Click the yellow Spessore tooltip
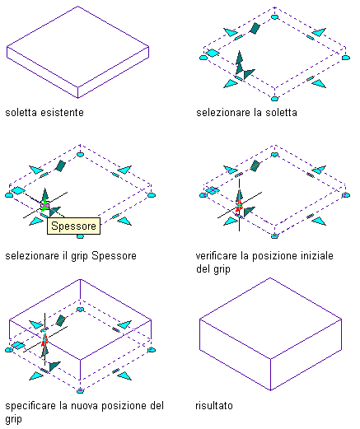[73, 226]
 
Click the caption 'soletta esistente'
[44, 113]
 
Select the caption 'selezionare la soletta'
[246, 113]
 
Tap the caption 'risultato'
[214, 405]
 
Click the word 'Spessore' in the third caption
[114, 256]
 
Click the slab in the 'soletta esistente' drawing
[77, 52]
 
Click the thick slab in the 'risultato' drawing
[270, 334]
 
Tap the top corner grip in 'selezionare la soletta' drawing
[274, 17]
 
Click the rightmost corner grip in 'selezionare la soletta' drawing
[346, 58]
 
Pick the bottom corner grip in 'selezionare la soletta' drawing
[274, 99]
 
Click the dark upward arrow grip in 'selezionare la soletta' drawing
[240, 62]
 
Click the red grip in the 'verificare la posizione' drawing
[239, 205]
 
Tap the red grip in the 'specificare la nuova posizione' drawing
[44, 340]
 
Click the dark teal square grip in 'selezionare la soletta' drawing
[255, 28]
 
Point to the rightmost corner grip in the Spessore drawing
[152, 195]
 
